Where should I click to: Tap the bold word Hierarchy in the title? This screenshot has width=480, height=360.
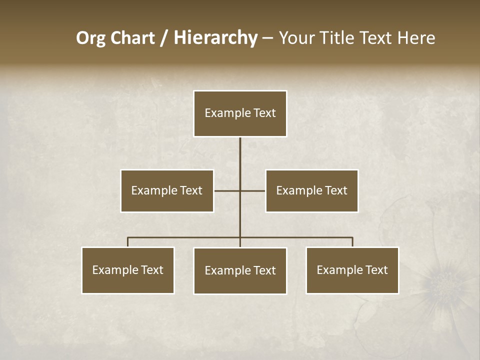click(215, 38)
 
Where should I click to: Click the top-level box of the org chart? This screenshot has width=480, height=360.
click(240, 113)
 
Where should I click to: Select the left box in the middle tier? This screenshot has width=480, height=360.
click(167, 190)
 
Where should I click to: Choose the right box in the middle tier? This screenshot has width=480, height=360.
click(311, 190)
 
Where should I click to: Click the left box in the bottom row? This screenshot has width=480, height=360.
click(128, 270)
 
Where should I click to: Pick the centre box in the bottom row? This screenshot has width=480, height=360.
click(240, 270)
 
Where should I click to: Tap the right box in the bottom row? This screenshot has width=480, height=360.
click(352, 270)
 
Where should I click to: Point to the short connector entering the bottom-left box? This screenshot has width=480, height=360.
click(128, 242)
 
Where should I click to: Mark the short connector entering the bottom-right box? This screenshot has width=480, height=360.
click(352, 242)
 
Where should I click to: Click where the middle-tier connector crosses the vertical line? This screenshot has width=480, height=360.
click(240, 190)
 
